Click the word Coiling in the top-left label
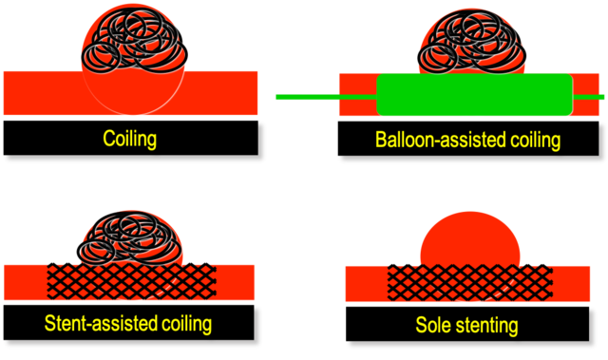click(x=129, y=140)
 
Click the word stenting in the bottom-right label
click(x=488, y=326)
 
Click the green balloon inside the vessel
click(x=475, y=96)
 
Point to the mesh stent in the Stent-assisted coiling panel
click(x=131, y=280)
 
